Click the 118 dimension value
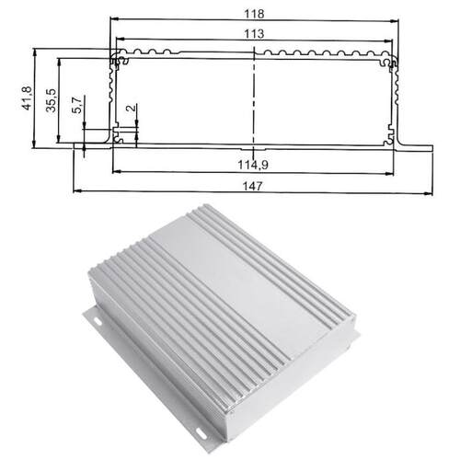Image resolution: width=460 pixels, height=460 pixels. (x=254, y=14)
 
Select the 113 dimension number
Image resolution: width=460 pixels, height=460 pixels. (x=254, y=33)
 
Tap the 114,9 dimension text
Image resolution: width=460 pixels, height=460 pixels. (x=253, y=165)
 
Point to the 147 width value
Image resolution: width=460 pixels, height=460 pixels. (x=252, y=186)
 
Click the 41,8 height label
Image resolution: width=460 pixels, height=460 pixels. (x=27, y=98)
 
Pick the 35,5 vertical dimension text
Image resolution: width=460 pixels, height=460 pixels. (x=52, y=100)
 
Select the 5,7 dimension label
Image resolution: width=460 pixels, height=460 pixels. (x=77, y=105)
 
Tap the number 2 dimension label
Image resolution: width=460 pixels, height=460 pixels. (x=131, y=108)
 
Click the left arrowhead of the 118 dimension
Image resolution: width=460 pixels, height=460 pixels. (x=114, y=19)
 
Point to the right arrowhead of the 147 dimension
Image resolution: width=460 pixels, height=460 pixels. (x=429, y=193)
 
